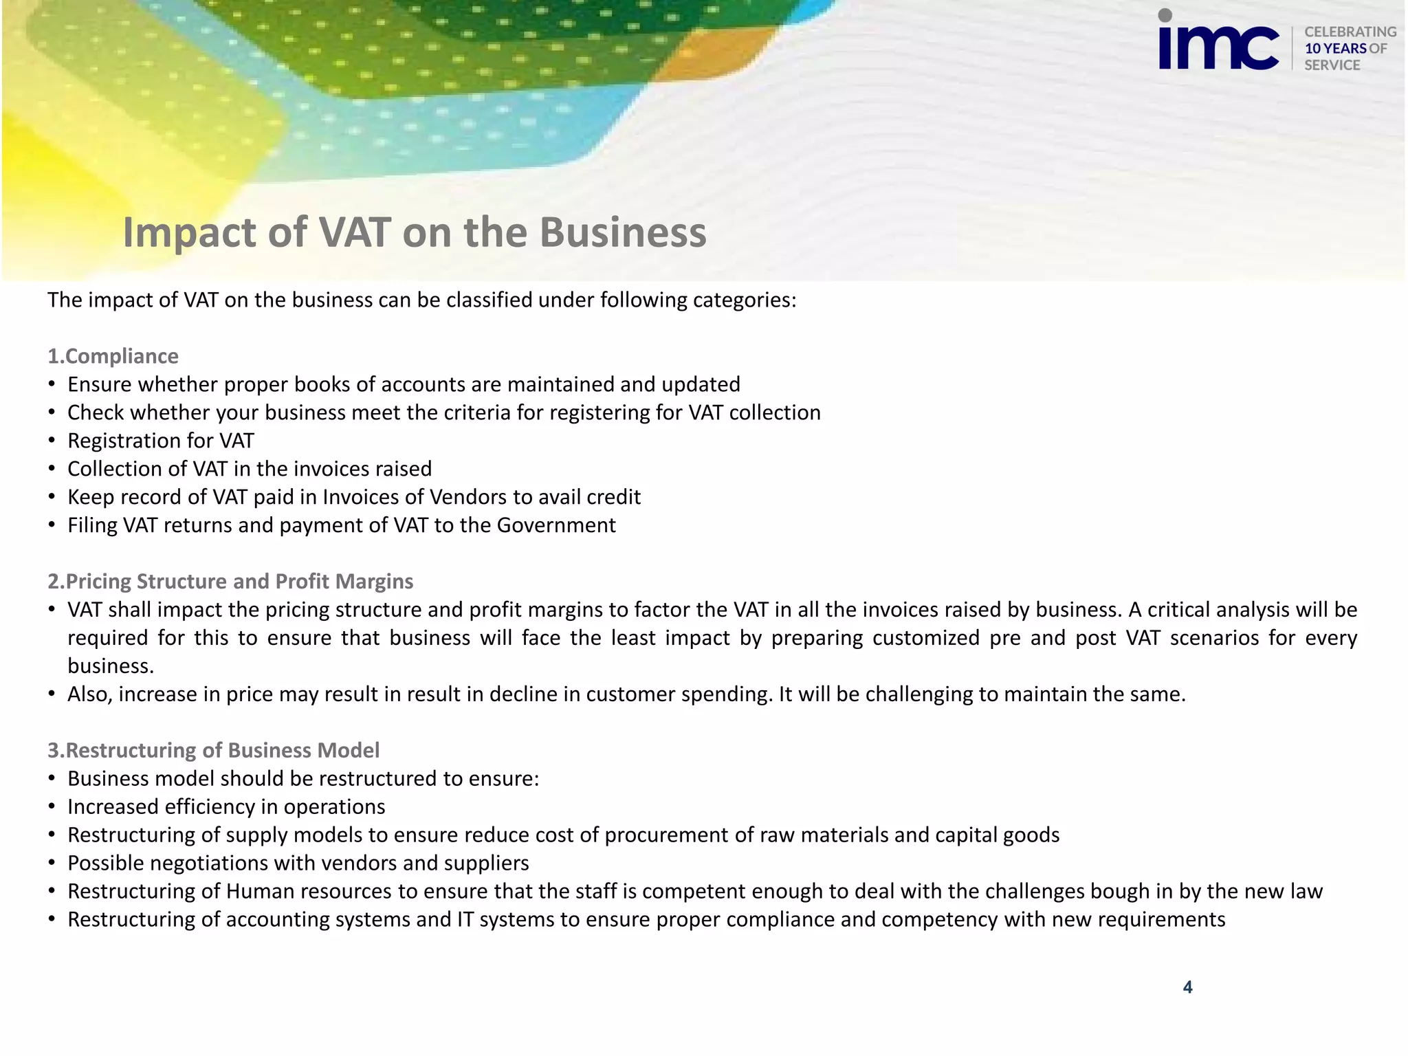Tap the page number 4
(x=1187, y=987)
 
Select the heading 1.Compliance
(x=113, y=356)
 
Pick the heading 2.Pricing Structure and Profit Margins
(x=230, y=582)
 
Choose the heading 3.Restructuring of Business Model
(x=213, y=750)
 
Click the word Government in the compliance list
(x=556, y=525)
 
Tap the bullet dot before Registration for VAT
(x=52, y=441)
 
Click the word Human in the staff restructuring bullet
(x=260, y=891)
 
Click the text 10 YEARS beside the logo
(x=1336, y=49)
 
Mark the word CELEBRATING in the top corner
(x=1350, y=32)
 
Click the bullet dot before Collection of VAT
(x=52, y=469)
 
